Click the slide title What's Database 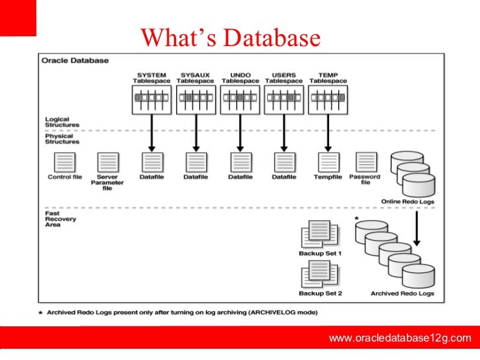(x=230, y=38)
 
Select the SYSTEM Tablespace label (x=152, y=78)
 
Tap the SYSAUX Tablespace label (x=196, y=78)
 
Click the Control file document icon (x=64, y=162)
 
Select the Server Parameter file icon (x=107, y=162)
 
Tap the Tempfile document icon (x=328, y=162)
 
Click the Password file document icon (x=365, y=162)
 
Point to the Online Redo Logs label (x=407, y=201)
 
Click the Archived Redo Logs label (x=402, y=293)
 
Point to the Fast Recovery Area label (x=61, y=219)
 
